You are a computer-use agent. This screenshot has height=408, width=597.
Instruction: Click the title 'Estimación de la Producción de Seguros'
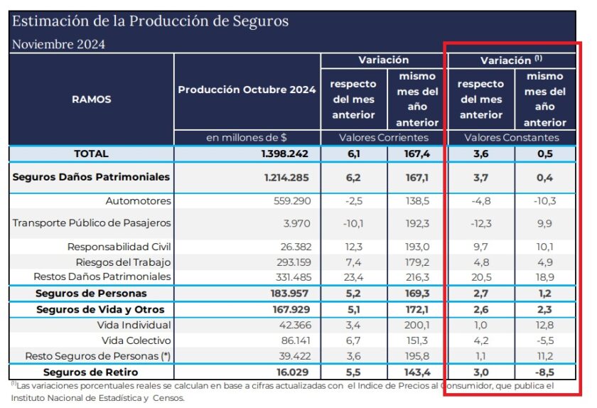click(x=150, y=21)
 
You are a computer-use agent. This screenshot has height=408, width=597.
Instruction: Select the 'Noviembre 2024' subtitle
click(x=58, y=44)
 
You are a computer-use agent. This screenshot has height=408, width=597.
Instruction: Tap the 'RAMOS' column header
click(x=92, y=100)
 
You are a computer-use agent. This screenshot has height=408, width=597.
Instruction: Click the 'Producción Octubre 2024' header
click(x=247, y=90)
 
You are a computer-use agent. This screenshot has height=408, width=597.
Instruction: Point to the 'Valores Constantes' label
click(x=512, y=137)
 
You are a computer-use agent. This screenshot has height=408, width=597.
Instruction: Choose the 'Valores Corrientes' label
click(x=384, y=137)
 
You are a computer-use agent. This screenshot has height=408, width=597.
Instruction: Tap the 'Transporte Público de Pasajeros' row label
click(x=92, y=223)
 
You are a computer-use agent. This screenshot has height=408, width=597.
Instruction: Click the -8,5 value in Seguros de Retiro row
click(x=544, y=372)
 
